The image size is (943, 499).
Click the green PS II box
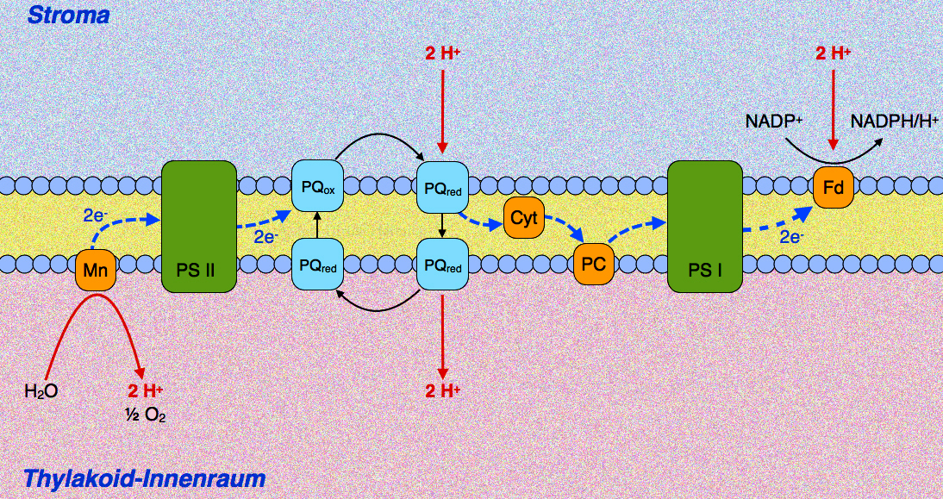199,227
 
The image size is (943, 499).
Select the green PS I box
705,227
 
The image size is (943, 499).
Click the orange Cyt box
523,218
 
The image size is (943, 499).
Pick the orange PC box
594,264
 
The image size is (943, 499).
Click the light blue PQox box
318,186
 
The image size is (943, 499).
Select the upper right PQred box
441,186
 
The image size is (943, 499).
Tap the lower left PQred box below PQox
318,266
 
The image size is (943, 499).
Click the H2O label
41,392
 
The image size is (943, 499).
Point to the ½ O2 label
145,415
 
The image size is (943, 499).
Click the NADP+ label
774,122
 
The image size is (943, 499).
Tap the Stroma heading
69,14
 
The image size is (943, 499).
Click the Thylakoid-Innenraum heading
145,478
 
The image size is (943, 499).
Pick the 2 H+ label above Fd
833,53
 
